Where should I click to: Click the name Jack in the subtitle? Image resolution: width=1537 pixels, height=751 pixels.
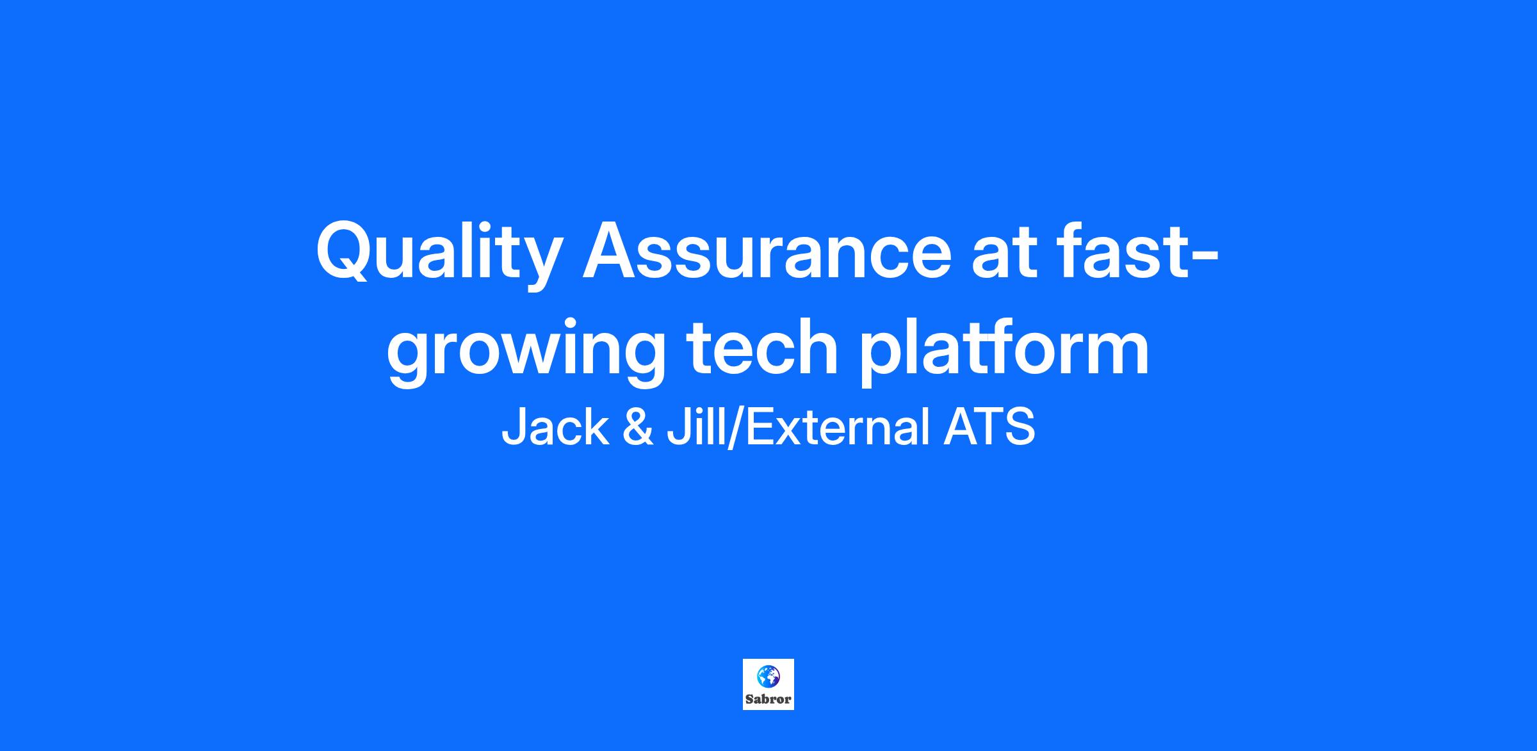[x=555, y=427]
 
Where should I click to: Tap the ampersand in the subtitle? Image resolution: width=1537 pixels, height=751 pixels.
[x=638, y=428]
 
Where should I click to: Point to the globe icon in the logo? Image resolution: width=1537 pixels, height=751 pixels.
[x=768, y=676]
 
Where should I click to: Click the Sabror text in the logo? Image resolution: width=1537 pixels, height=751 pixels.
[x=768, y=699]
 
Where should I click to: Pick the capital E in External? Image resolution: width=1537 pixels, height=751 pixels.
[x=760, y=427]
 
